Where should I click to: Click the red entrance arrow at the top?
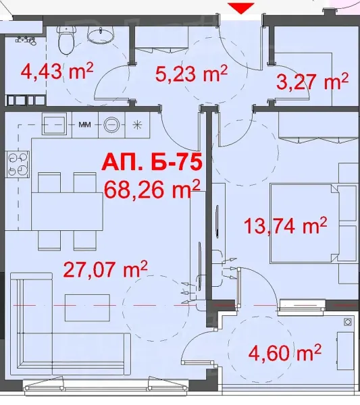(x=242, y=7)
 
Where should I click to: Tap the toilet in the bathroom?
(x=66, y=42)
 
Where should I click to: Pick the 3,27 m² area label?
(x=313, y=82)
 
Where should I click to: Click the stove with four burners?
(x=18, y=163)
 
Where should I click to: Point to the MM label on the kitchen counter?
(x=85, y=125)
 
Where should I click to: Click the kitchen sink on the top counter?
(x=54, y=124)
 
